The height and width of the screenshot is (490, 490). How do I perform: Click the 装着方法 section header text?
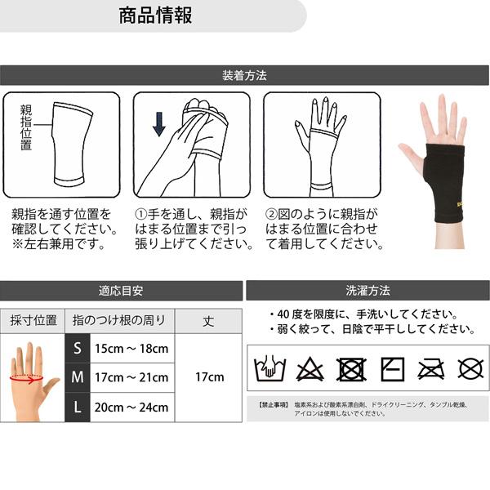pyautogui.click(x=244, y=76)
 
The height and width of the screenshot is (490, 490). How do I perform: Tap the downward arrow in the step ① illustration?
pyautogui.click(x=158, y=123)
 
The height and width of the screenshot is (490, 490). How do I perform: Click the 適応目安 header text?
pyautogui.click(x=121, y=291)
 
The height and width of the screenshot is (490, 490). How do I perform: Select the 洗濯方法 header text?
pyautogui.click(x=367, y=291)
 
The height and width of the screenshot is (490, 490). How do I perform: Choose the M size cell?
pyautogui.click(x=78, y=377)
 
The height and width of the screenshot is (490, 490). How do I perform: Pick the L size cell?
pyautogui.click(x=78, y=407)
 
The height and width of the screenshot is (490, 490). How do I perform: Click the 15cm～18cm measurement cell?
pyautogui.click(x=131, y=348)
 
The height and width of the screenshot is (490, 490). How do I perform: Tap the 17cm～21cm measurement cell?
pyautogui.click(x=131, y=377)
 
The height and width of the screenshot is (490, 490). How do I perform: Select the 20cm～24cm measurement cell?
pyautogui.click(x=131, y=407)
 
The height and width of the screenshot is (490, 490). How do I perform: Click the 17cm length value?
pyautogui.click(x=209, y=377)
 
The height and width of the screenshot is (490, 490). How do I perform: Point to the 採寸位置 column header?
pyautogui.click(x=33, y=320)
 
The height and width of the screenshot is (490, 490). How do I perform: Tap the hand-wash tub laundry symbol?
pyautogui.click(x=269, y=369)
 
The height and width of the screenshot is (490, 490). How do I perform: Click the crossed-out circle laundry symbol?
pyautogui.click(x=470, y=369)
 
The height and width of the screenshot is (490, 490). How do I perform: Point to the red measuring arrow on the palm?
pyautogui.click(x=29, y=378)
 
